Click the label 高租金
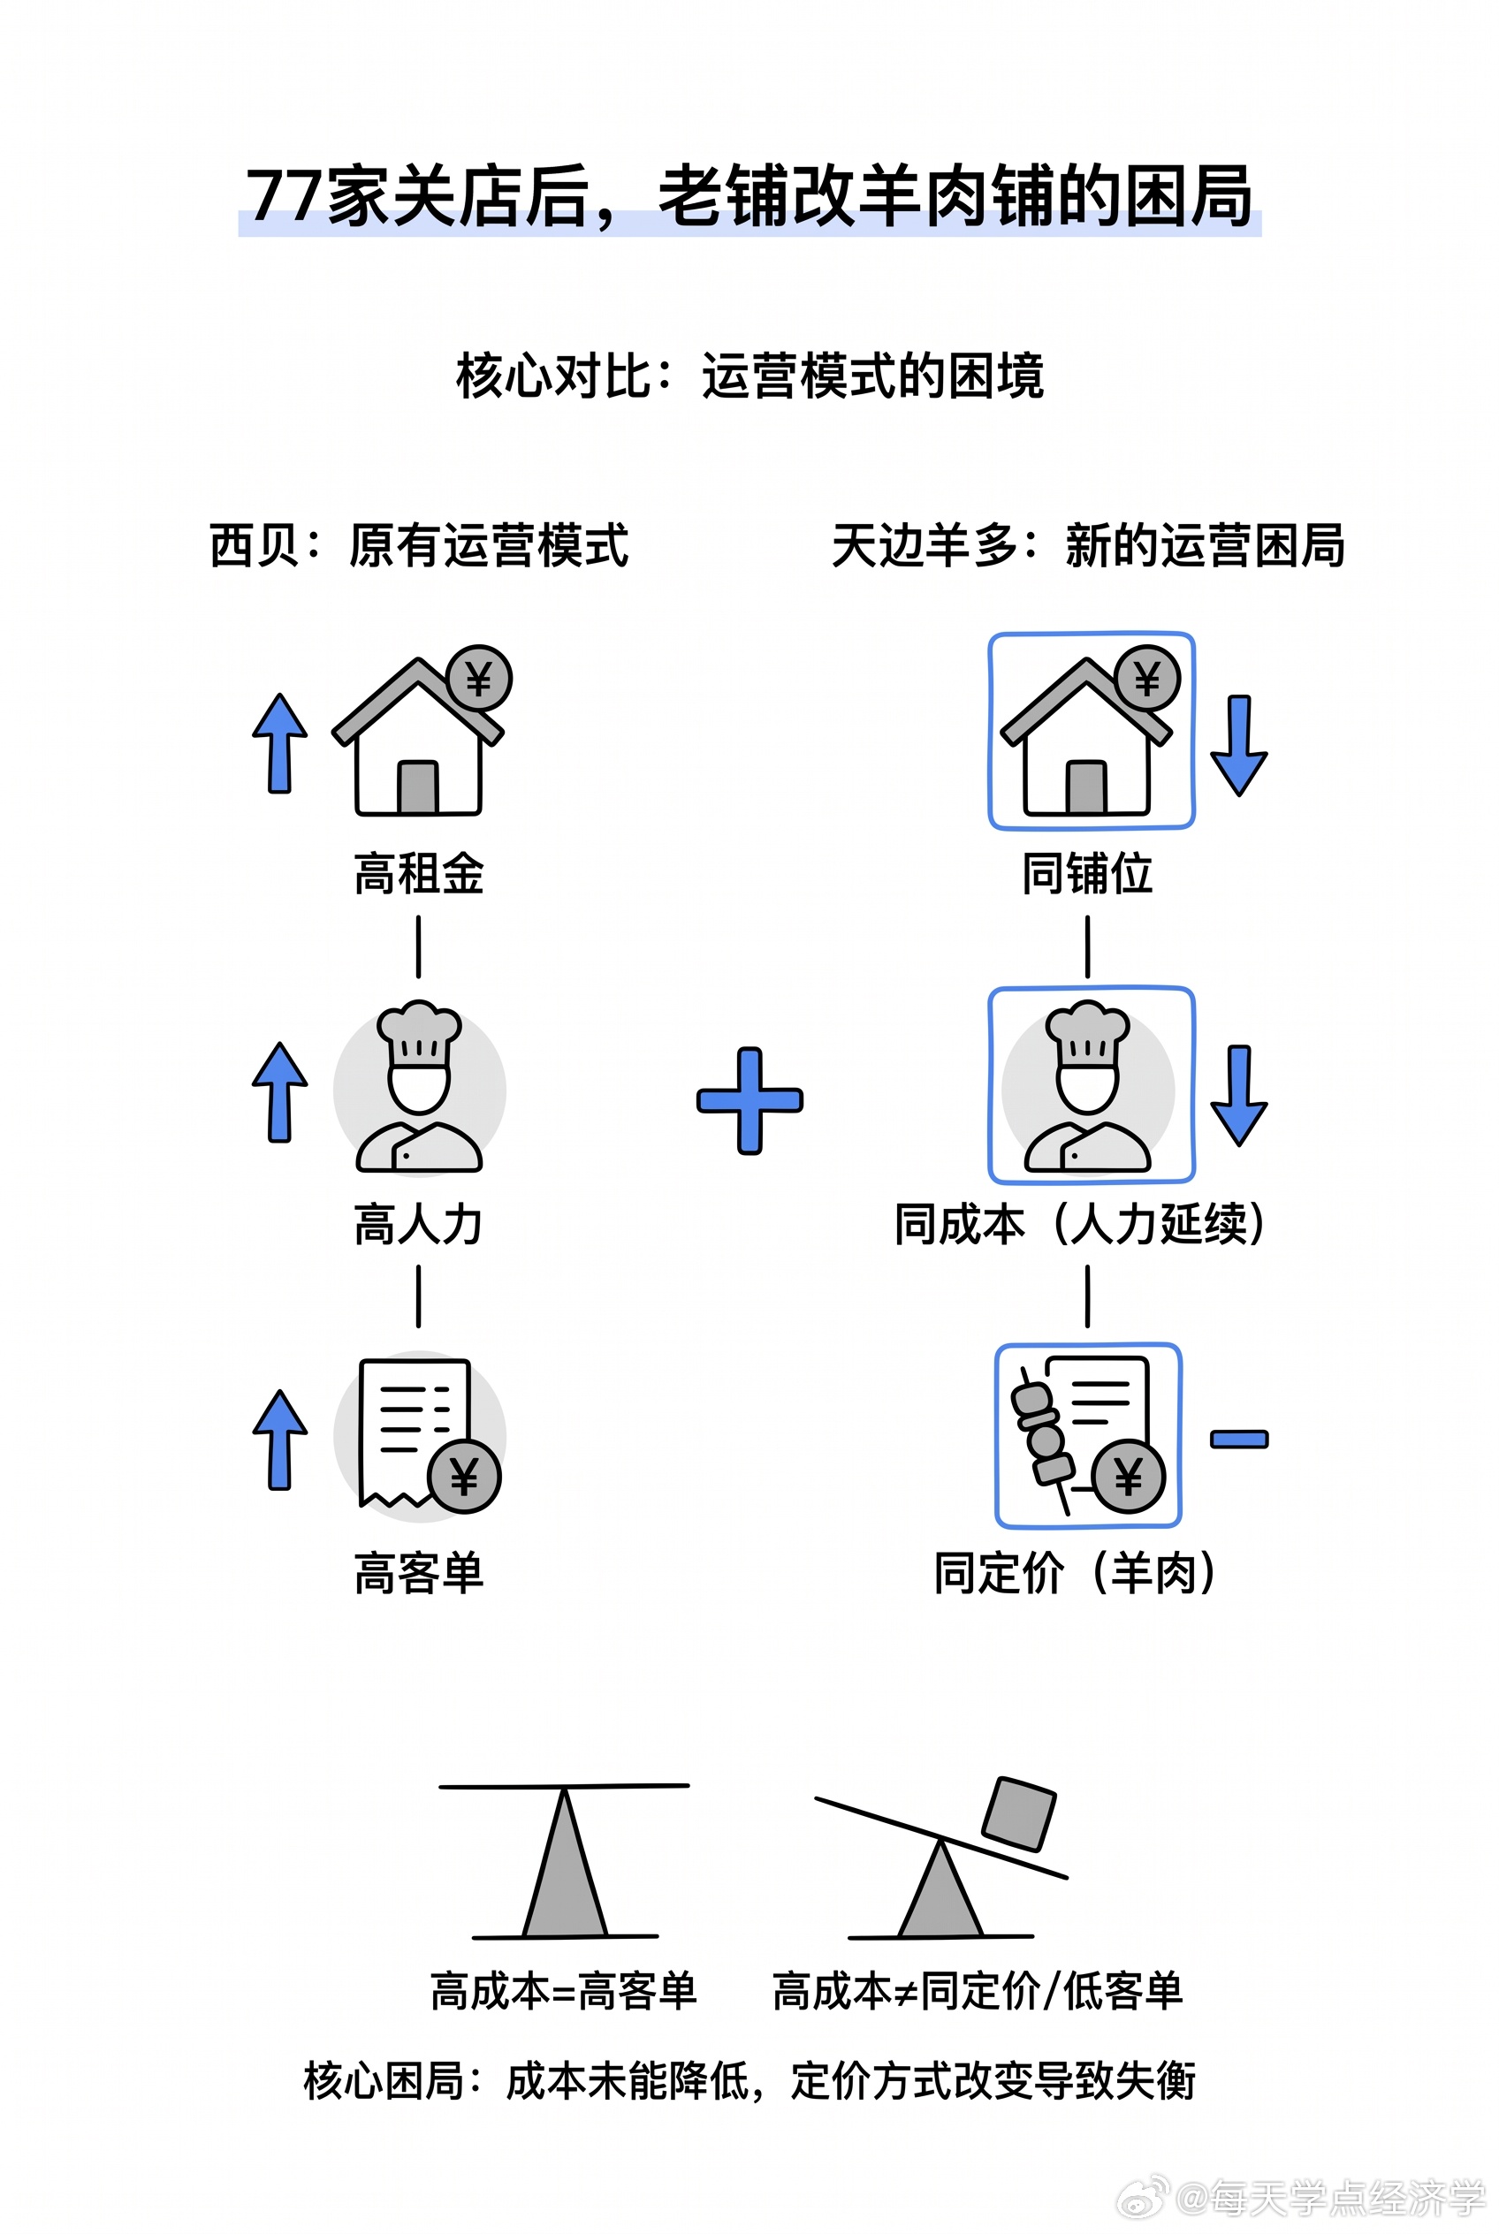[x=419, y=874]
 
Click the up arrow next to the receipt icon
[x=280, y=1439]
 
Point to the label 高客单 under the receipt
[x=419, y=1574]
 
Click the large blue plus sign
[x=749, y=1100]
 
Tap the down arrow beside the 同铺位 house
[x=1239, y=746]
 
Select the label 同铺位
[x=1087, y=874]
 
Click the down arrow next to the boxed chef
[x=1239, y=1095]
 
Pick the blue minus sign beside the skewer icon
[x=1239, y=1439]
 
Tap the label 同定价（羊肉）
[x=1075, y=1574]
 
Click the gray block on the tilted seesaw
[x=1020, y=1813]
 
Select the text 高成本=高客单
[x=563, y=1991]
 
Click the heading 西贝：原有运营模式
[x=419, y=546]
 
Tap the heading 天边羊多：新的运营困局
[x=1088, y=546]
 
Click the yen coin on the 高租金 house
[x=479, y=679]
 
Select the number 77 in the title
[x=285, y=196]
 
